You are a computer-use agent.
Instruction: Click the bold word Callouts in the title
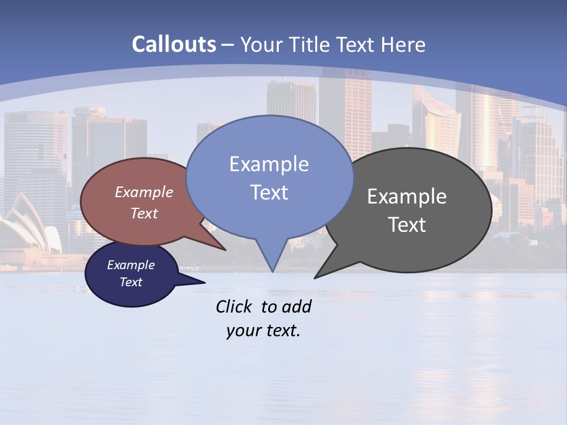click(174, 44)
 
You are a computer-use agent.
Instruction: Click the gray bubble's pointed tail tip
click(315, 277)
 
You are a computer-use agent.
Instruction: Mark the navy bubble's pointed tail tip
click(204, 283)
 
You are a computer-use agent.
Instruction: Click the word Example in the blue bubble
click(269, 164)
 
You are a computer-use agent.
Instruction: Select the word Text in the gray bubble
click(407, 225)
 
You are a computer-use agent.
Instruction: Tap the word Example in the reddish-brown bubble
click(144, 192)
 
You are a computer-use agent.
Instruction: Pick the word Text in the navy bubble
click(131, 282)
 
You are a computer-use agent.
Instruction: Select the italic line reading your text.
click(263, 331)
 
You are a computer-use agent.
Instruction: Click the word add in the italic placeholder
click(296, 306)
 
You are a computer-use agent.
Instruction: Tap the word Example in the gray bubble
click(407, 197)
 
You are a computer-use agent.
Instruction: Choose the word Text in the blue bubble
click(269, 192)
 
